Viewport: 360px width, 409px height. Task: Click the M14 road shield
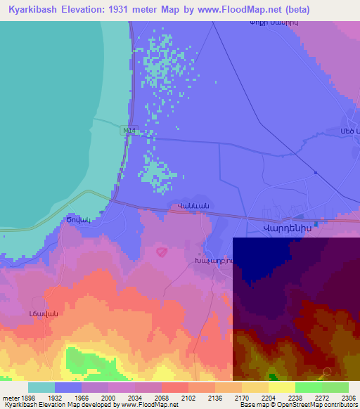pyautogui.click(x=129, y=131)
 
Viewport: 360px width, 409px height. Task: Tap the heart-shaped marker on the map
pyautogui.click(x=162, y=250)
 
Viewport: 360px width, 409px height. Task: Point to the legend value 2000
pyautogui.click(x=108, y=397)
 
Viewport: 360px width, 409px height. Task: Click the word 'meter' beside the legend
pyautogui.click(x=10, y=397)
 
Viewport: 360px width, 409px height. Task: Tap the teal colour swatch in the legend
pyautogui.click(x=41, y=387)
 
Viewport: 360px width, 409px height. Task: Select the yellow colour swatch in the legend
pyautogui.click(x=281, y=387)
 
